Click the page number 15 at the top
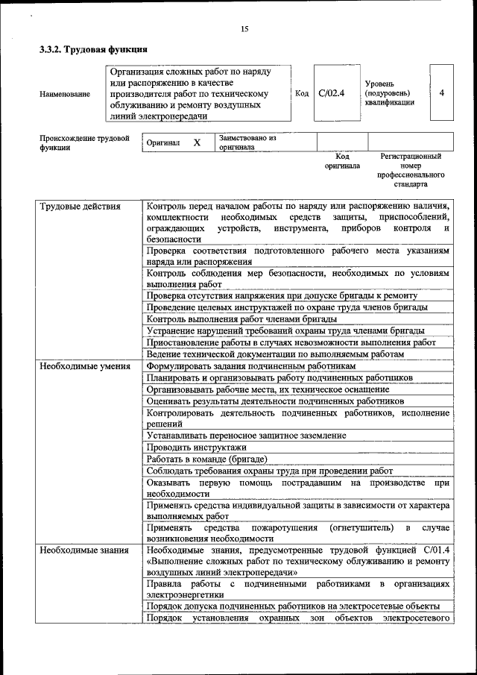point(244,29)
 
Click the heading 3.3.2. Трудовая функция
point(93,50)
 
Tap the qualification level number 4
point(442,93)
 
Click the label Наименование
point(65,94)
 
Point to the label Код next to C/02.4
point(302,93)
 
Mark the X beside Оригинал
point(197,142)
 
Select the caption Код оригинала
point(341,161)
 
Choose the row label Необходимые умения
point(85,366)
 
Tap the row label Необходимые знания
point(84,550)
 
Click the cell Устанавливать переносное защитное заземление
point(246,435)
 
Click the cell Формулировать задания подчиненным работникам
point(250,366)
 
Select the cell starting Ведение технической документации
point(275,354)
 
